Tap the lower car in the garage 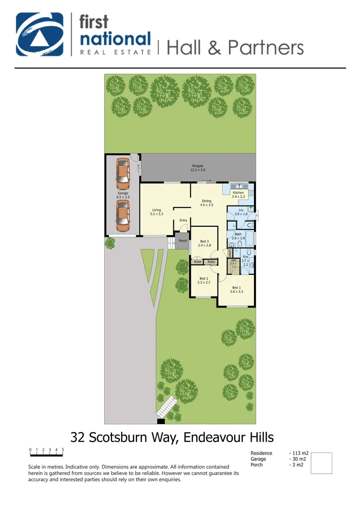[123, 215]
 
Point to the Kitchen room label [238, 195]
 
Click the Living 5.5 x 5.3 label [156, 212]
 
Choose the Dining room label [206, 203]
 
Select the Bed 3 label [205, 243]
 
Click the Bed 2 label [204, 280]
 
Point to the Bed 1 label [236, 289]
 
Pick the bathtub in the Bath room [250, 238]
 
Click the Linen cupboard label [230, 252]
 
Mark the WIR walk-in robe [233, 265]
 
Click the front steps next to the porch [171, 243]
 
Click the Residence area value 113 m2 [298, 453]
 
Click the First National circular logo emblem [40, 34]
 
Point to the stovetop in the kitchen [251, 192]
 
